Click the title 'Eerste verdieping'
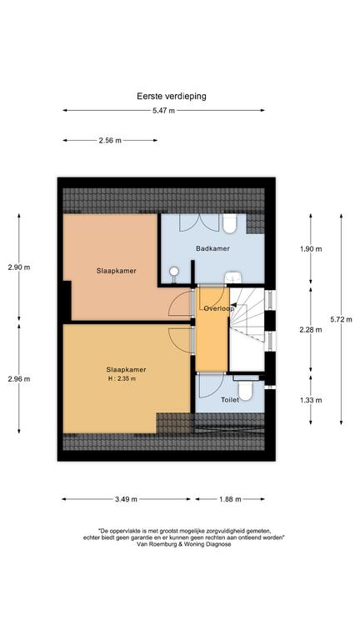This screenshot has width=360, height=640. pos(172,97)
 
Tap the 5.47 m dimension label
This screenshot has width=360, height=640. pos(163,110)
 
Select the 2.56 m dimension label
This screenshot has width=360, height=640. pos(110,140)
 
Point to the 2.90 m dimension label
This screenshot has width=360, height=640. pos(19,267)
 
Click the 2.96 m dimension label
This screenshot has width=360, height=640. pos(19,379)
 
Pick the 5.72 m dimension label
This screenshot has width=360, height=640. pos(340,320)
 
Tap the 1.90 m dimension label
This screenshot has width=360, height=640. pos(310,248)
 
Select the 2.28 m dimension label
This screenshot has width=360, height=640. pos(310,330)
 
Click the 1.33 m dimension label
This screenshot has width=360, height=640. pos(310,400)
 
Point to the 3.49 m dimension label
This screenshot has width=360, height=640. pos(125,499)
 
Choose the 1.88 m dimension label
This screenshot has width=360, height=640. pos(230,499)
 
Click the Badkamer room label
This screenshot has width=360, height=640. pos(212,248)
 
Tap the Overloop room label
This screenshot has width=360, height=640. pos(219,308)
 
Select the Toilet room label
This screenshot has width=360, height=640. pos(230,400)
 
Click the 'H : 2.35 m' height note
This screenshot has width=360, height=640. pos(121,379)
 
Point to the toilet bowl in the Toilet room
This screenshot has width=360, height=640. pos(246,390)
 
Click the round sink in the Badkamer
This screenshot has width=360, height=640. pos(174,271)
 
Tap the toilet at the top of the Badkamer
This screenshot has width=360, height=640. pos(230,223)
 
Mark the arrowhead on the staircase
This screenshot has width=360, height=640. pos(233,304)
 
